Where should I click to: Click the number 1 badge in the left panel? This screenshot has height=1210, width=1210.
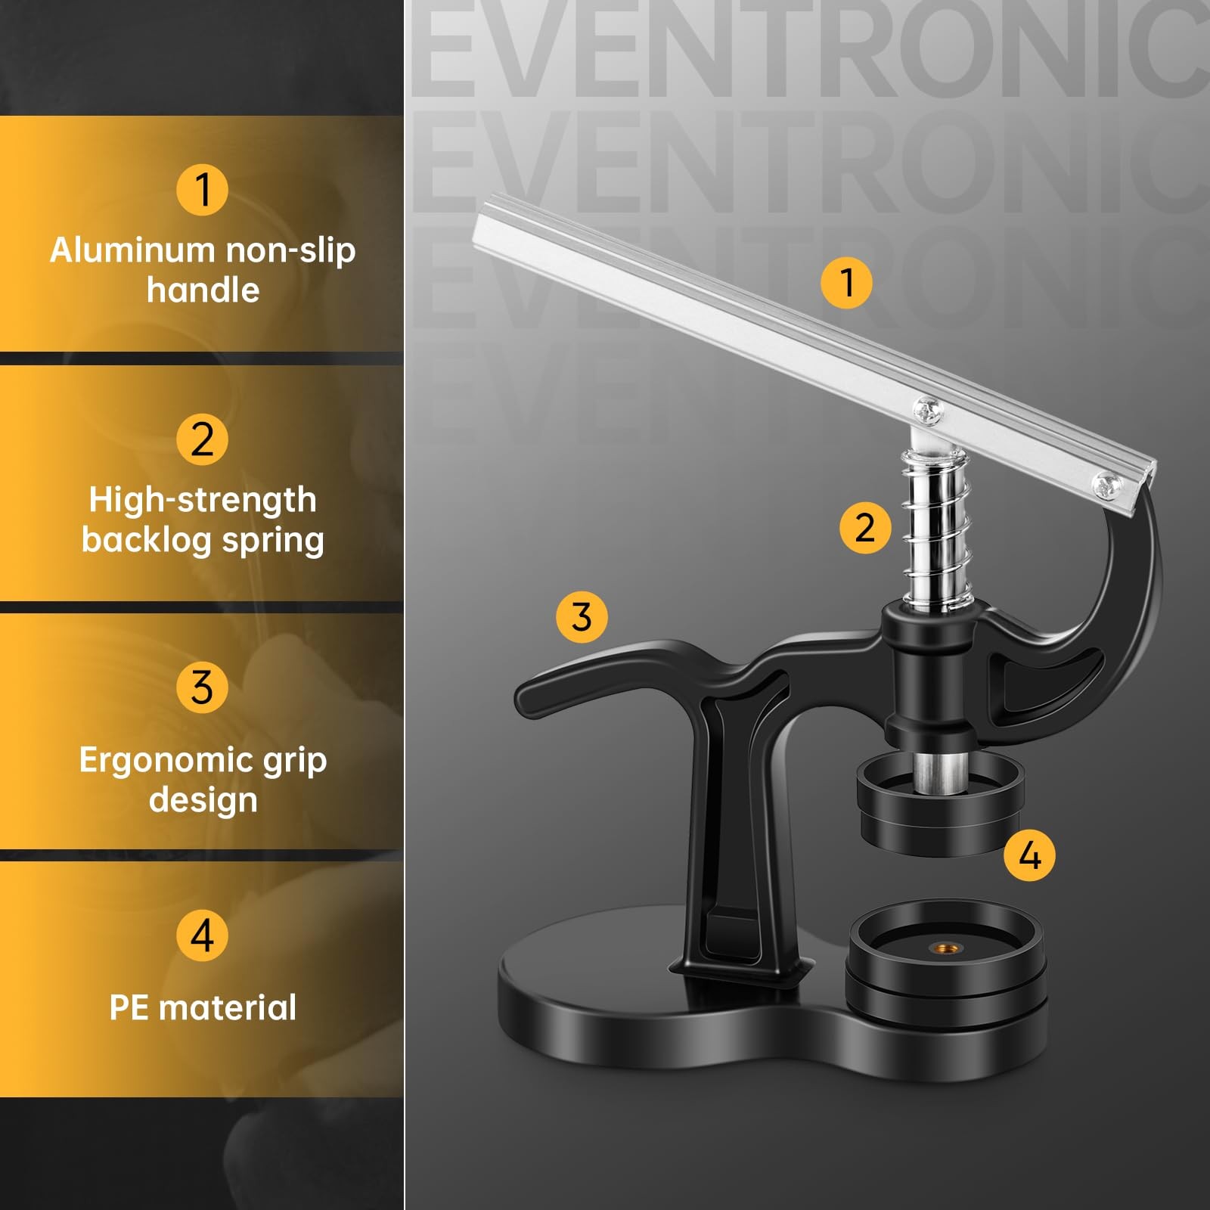202,189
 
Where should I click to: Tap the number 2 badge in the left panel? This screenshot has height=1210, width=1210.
202,439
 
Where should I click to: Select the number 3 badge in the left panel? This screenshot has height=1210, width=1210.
202,687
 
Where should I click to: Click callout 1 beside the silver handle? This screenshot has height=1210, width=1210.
846,282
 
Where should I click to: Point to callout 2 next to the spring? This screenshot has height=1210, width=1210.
865,527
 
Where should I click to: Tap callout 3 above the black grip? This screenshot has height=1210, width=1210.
582,616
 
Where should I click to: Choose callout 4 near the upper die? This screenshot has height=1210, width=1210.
1029,855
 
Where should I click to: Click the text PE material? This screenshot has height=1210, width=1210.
203,1007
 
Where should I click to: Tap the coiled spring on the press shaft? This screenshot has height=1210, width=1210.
935,529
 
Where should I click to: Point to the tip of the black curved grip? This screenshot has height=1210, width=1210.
519,700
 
